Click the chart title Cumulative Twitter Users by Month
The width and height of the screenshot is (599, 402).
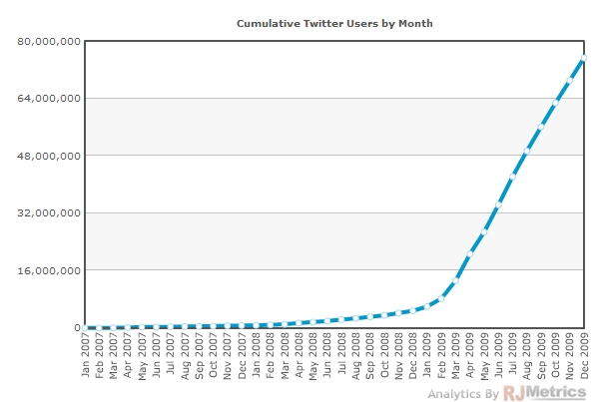coord(334,22)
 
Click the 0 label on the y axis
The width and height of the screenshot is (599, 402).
coord(76,327)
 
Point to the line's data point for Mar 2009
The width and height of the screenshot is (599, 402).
coord(456,280)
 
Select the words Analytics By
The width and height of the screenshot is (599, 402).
coord(463,394)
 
